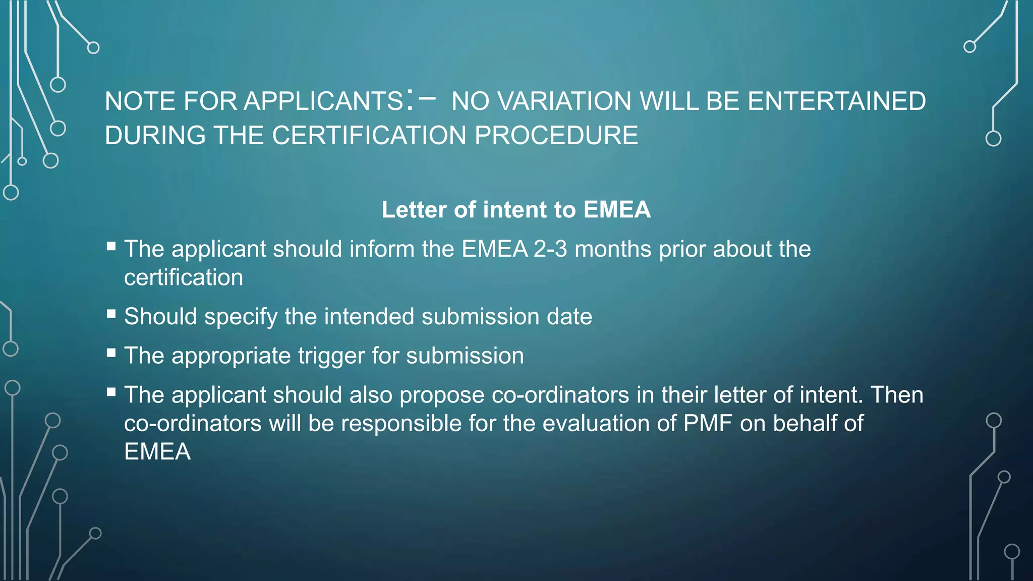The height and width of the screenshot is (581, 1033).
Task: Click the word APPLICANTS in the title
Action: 323,101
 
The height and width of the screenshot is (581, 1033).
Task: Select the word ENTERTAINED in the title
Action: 836,101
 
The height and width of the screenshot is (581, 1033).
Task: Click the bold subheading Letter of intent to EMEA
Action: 516,210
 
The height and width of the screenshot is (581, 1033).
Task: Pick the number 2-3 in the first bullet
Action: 550,249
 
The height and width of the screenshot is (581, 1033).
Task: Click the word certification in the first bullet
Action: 184,277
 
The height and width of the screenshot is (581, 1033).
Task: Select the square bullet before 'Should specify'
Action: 111,314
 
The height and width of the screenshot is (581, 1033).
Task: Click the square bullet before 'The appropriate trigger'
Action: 111,353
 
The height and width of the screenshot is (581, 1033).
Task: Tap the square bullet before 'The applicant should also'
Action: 111,392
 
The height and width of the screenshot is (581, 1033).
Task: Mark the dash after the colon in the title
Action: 427,98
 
